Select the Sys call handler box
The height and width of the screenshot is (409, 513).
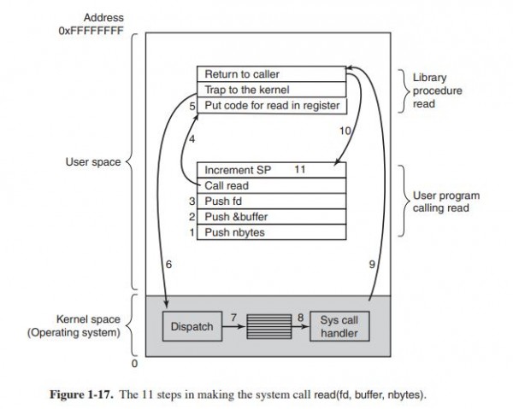coord(339,326)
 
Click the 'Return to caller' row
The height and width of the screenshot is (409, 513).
coord(272,74)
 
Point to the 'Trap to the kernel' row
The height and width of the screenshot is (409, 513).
coord(272,90)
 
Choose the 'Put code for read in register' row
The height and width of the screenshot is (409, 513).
coord(272,105)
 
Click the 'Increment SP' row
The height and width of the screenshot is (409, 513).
coord(272,170)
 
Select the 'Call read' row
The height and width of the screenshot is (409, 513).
coord(272,185)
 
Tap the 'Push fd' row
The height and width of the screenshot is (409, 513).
coord(272,201)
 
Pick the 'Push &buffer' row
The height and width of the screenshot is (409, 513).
coord(272,216)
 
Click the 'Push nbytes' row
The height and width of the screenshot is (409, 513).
coord(272,231)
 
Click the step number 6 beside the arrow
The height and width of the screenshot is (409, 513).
coord(168,266)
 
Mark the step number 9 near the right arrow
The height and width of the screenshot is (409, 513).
coord(372,266)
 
